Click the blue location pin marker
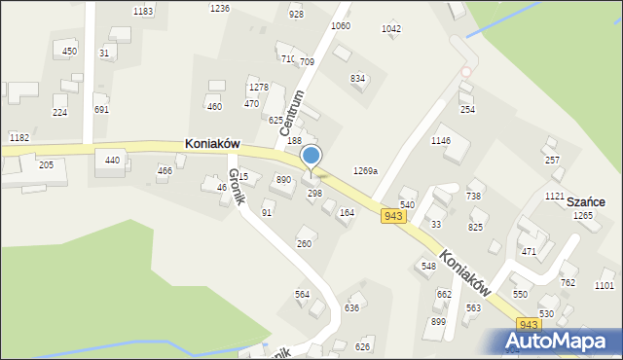(x=311, y=157)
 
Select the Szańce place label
(x=587, y=201)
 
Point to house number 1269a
(x=365, y=170)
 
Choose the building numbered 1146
(x=441, y=140)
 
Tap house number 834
(x=357, y=78)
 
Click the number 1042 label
(x=391, y=29)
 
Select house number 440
(x=112, y=160)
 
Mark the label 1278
(x=259, y=88)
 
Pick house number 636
(x=351, y=307)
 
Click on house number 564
(x=303, y=294)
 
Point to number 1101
(x=605, y=285)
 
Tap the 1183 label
(x=143, y=11)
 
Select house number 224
(x=59, y=113)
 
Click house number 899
(x=438, y=322)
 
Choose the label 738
(x=474, y=196)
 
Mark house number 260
(x=305, y=243)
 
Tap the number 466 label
(x=165, y=170)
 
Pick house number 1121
(x=555, y=196)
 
